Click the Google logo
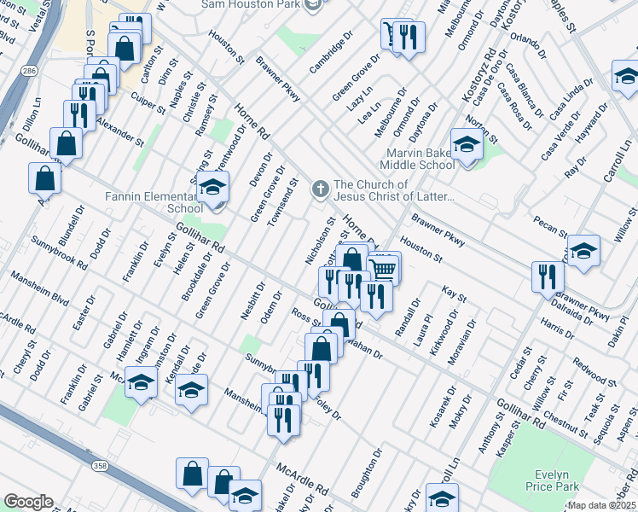(x=28, y=502)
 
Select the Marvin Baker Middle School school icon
(x=467, y=144)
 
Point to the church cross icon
(x=320, y=189)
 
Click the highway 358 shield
(x=101, y=464)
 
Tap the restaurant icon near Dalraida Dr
(x=547, y=276)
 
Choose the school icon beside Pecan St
(x=583, y=250)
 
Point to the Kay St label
(x=454, y=296)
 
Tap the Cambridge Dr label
(x=331, y=53)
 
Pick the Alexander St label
(x=119, y=130)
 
